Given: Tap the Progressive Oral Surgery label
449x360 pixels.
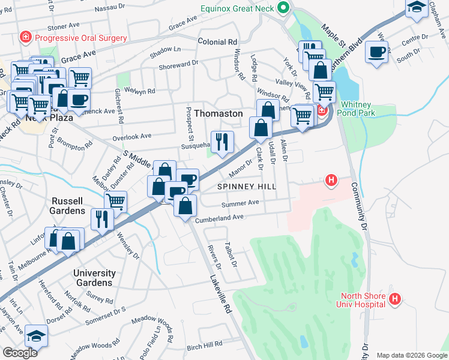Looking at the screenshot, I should tap(81, 38).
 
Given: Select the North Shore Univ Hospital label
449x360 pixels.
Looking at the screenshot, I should tap(363, 299).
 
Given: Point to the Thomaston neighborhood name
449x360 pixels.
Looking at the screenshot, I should tap(218, 113).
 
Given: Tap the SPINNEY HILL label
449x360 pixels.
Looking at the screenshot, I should tap(247, 187).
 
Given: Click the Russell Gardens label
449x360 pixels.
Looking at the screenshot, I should tap(68, 206).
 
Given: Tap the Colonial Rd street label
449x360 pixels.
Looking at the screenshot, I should tap(217, 43).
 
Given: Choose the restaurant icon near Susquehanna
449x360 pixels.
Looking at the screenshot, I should tap(221, 142).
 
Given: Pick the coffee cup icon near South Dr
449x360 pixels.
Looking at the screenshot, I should tap(376, 52).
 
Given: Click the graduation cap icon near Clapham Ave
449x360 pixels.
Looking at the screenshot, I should tap(417, 8).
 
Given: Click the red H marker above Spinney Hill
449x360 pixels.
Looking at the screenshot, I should tap(330, 179).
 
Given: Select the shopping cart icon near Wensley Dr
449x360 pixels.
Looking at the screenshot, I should tap(115, 201).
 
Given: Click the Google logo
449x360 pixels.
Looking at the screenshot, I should tap(20, 353).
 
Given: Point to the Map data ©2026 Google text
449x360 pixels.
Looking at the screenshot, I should tap(411, 355).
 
